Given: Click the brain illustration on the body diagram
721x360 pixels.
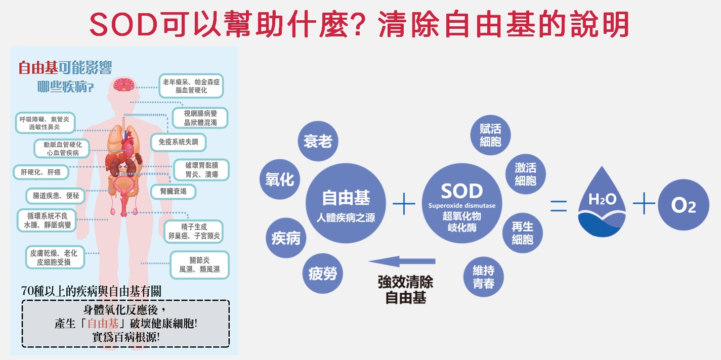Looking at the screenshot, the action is [x=123, y=84].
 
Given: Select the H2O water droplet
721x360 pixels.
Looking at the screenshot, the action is [x=602, y=202].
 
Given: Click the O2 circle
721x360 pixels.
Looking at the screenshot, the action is [x=684, y=205].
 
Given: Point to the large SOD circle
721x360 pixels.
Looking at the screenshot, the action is [x=462, y=203].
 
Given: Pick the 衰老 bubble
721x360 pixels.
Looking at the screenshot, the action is [x=318, y=141].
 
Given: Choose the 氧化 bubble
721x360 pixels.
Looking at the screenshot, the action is [x=280, y=179].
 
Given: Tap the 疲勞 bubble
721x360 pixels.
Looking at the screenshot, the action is [x=322, y=274].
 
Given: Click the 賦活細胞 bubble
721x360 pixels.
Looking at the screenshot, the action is [x=490, y=135].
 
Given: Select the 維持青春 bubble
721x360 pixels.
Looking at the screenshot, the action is [x=484, y=277].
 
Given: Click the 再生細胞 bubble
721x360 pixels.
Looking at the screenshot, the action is [x=522, y=233].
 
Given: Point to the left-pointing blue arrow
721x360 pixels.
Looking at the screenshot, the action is [x=402, y=261].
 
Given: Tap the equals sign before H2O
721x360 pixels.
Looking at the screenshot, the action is [x=559, y=206].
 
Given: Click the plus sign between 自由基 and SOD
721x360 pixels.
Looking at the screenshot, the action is [x=404, y=204].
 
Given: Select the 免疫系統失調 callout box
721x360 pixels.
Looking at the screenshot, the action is [x=178, y=142].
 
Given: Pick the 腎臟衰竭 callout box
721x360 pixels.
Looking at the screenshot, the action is [x=173, y=192].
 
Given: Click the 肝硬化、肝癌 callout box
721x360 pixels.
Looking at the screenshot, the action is [x=41, y=172].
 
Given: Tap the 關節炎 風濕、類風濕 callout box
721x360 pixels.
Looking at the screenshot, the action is [x=199, y=265].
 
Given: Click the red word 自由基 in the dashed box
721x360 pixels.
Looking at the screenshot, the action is [x=103, y=323].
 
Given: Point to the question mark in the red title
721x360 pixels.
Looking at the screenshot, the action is [x=359, y=25].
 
